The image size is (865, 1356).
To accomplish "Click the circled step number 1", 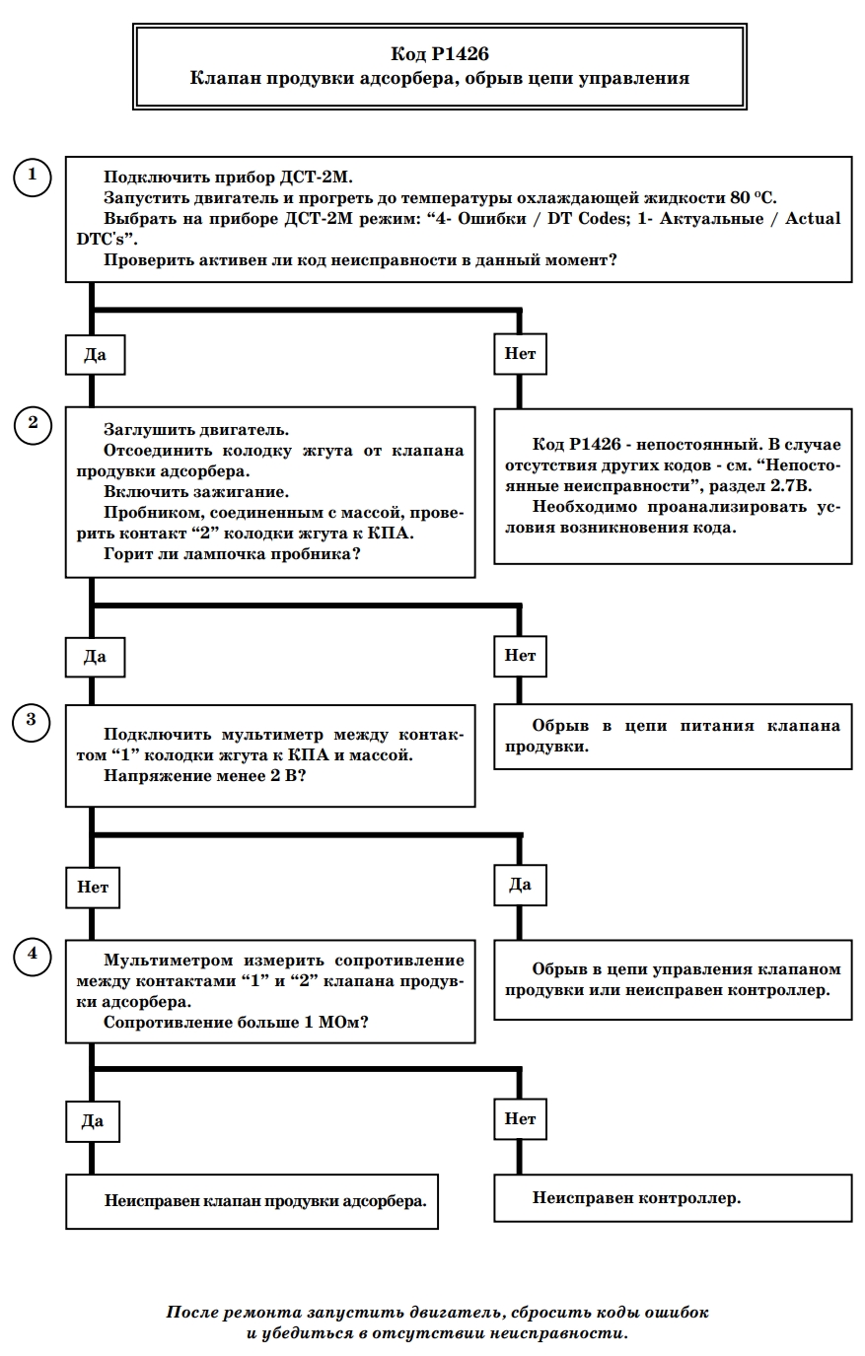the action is point(33,177).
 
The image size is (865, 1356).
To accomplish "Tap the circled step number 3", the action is point(31,722).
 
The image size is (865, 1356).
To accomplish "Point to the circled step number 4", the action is point(33,956).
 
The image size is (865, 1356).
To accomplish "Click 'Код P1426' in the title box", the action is point(440,54).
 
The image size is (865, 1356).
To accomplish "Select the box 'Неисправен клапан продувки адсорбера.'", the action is point(252,1201).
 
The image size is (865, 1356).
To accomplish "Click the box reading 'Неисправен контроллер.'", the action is point(673,1197).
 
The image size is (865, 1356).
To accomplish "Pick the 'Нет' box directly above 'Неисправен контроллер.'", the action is point(520,1118).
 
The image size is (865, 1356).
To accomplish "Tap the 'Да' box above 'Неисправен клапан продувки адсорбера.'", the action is point(93,1121).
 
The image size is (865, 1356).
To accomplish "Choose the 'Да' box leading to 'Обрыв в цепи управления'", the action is point(520,885).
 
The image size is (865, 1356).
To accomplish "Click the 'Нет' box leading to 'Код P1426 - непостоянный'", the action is point(520,353).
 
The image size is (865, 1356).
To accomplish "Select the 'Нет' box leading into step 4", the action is point(93,888).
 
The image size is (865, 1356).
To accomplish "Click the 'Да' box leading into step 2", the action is point(95,355).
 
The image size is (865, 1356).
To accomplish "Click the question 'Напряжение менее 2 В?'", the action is point(204,775).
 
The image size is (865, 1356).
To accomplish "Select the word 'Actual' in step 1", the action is point(813,218).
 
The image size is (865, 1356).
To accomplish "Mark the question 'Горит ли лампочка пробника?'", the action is point(232,554).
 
